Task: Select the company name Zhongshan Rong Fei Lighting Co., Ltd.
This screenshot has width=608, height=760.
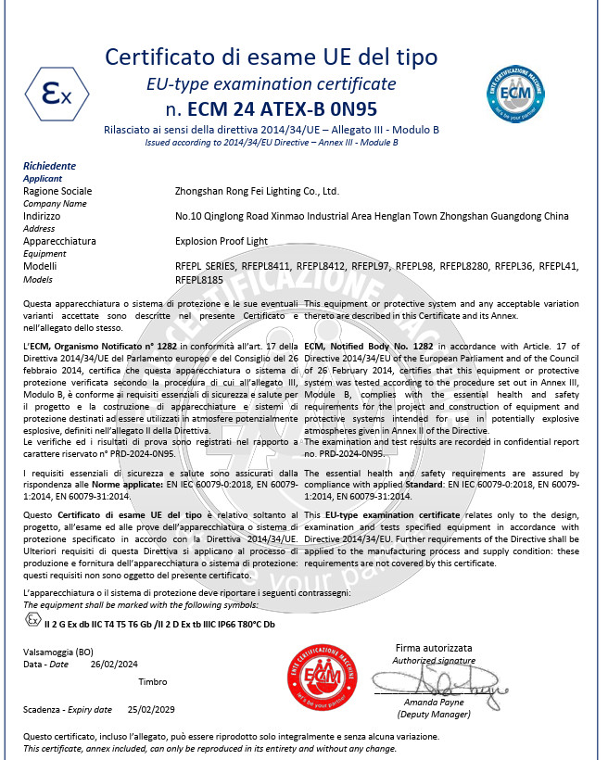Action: tap(258, 192)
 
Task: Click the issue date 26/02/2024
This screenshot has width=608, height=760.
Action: tap(114, 665)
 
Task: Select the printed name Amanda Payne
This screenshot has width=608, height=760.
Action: tap(433, 704)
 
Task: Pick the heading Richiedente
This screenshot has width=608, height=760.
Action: tap(49, 166)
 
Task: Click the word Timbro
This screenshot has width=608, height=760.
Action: tap(152, 681)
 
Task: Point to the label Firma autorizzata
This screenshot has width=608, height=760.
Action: tap(434, 648)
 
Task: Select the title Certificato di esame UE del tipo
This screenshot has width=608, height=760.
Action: tap(272, 57)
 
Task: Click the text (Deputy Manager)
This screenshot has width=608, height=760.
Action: tap(433, 716)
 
